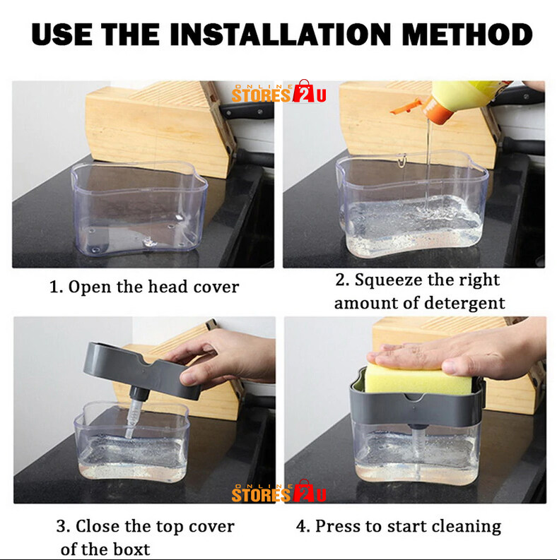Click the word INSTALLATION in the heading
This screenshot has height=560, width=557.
click(x=281, y=35)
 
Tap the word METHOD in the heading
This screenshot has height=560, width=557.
click(x=467, y=35)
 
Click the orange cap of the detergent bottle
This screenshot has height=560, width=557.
click(x=438, y=110)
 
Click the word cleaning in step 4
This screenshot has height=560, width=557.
click(x=467, y=527)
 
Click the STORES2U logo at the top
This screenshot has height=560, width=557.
click(x=279, y=92)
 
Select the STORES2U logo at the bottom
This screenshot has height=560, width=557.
click(x=279, y=492)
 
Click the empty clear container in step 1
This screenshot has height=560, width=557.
click(x=139, y=208)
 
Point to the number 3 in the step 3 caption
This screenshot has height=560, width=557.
click(x=61, y=526)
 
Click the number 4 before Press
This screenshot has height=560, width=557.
click(x=301, y=526)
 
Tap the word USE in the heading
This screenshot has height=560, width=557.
click(x=61, y=35)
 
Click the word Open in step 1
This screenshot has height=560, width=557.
click(x=90, y=287)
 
